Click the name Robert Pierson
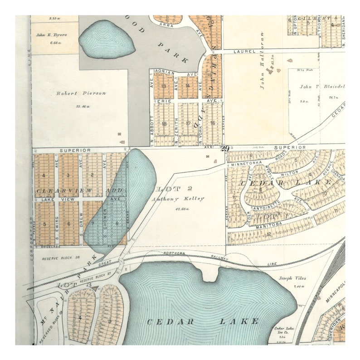pos(81,93)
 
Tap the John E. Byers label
pos(52,34)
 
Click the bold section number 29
pos(225,148)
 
